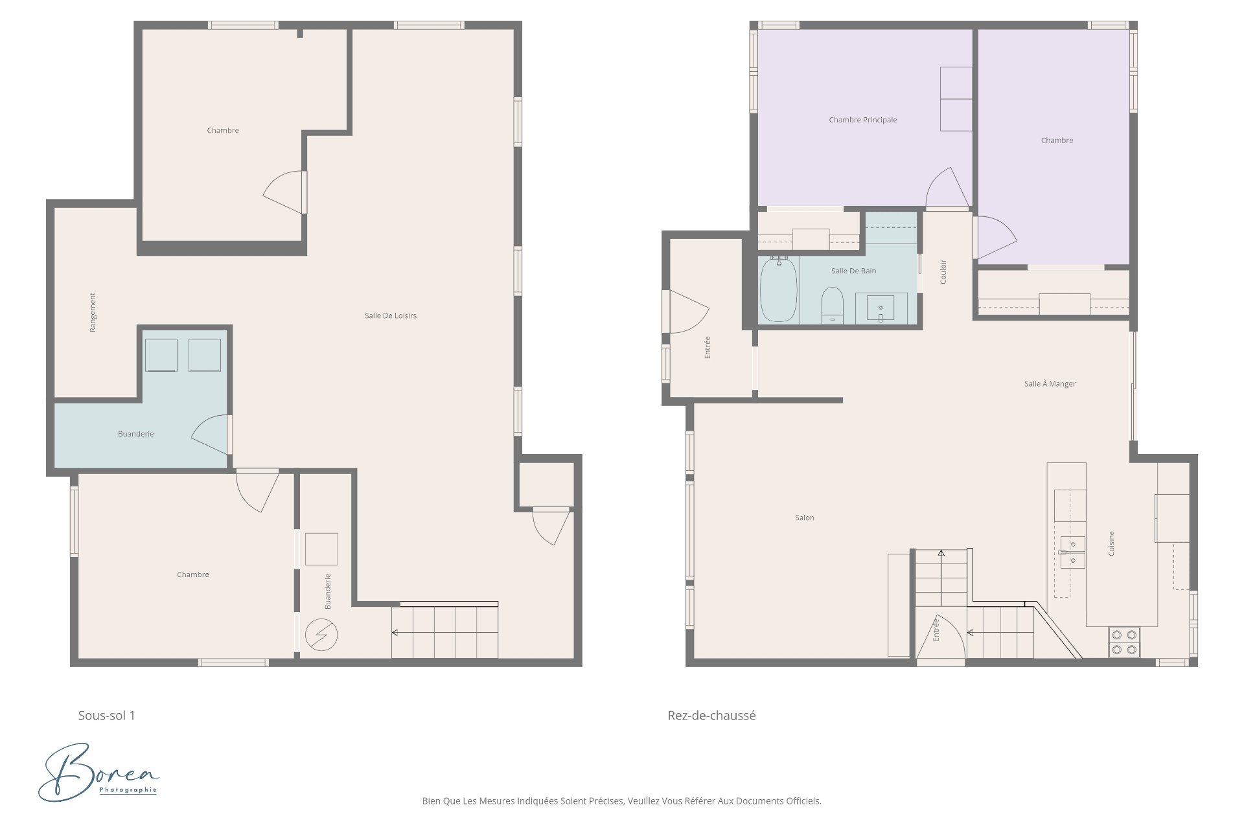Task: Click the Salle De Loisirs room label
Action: (x=390, y=315)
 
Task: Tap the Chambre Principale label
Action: (x=862, y=120)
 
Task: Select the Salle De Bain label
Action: (x=853, y=271)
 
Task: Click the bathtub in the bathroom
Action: (x=778, y=290)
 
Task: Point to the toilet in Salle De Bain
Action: (x=832, y=306)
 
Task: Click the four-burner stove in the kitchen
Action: (x=1124, y=642)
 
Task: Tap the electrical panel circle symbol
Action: (x=322, y=635)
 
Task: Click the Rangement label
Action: (x=93, y=312)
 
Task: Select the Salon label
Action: (x=805, y=517)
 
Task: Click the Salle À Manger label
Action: (x=1050, y=383)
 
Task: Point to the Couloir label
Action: (x=943, y=271)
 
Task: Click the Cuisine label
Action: (x=1111, y=543)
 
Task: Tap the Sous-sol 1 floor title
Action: (x=106, y=716)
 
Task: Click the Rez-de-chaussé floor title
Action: (x=711, y=716)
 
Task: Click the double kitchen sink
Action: (x=1072, y=552)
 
